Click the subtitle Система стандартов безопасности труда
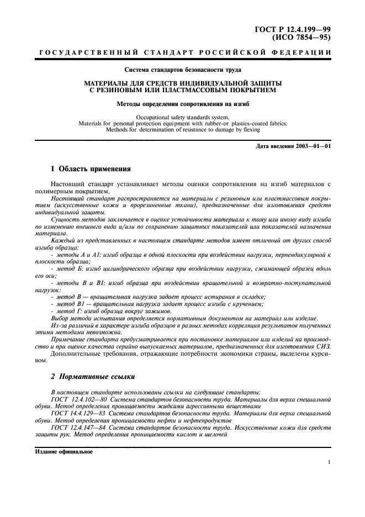(182, 70)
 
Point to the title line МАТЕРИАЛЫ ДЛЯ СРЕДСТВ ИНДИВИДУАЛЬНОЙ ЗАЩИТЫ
(182, 82)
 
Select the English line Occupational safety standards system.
(182, 117)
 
